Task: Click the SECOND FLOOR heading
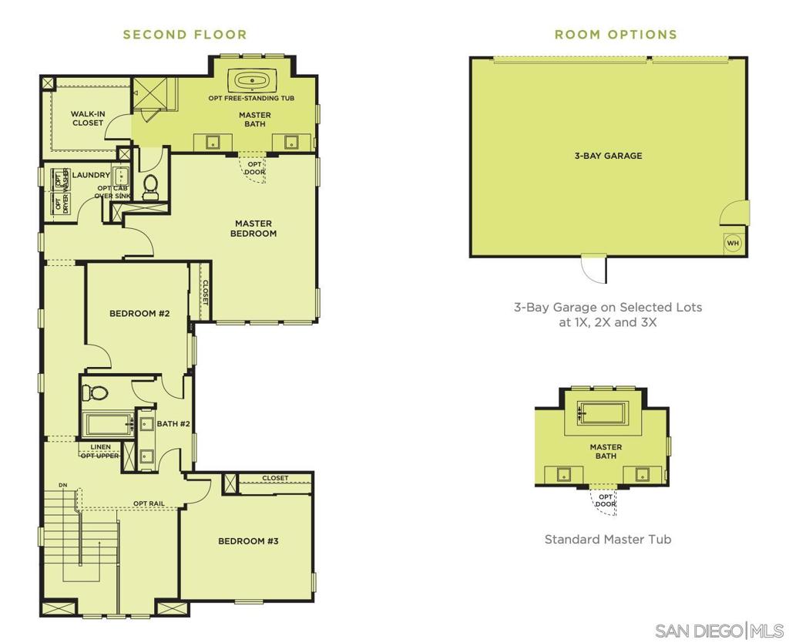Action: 185,35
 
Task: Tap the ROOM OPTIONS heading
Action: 616,35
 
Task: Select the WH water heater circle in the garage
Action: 734,243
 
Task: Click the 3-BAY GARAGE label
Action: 609,156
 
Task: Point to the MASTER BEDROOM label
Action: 253,228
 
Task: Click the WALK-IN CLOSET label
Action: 88,118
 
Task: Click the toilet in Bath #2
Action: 95,392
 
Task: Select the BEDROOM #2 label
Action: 139,313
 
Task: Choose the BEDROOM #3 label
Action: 248,540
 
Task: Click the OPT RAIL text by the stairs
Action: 149,503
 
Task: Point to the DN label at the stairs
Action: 63,486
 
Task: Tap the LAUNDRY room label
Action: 91,175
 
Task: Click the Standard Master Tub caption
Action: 608,539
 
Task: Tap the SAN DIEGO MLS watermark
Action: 719,631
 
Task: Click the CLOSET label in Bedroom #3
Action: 275,478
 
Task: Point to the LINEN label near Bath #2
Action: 101,446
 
